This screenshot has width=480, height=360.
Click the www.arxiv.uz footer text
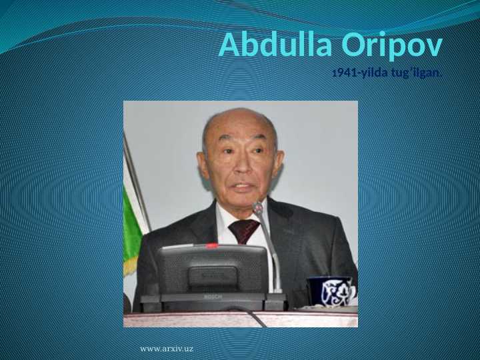(x=167, y=349)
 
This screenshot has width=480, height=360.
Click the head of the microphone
(x=258, y=209)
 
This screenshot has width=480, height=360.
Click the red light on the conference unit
(x=212, y=245)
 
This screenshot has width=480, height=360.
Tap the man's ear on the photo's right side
(x=279, y=161)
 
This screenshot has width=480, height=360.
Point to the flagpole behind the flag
(x=137, y=180)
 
